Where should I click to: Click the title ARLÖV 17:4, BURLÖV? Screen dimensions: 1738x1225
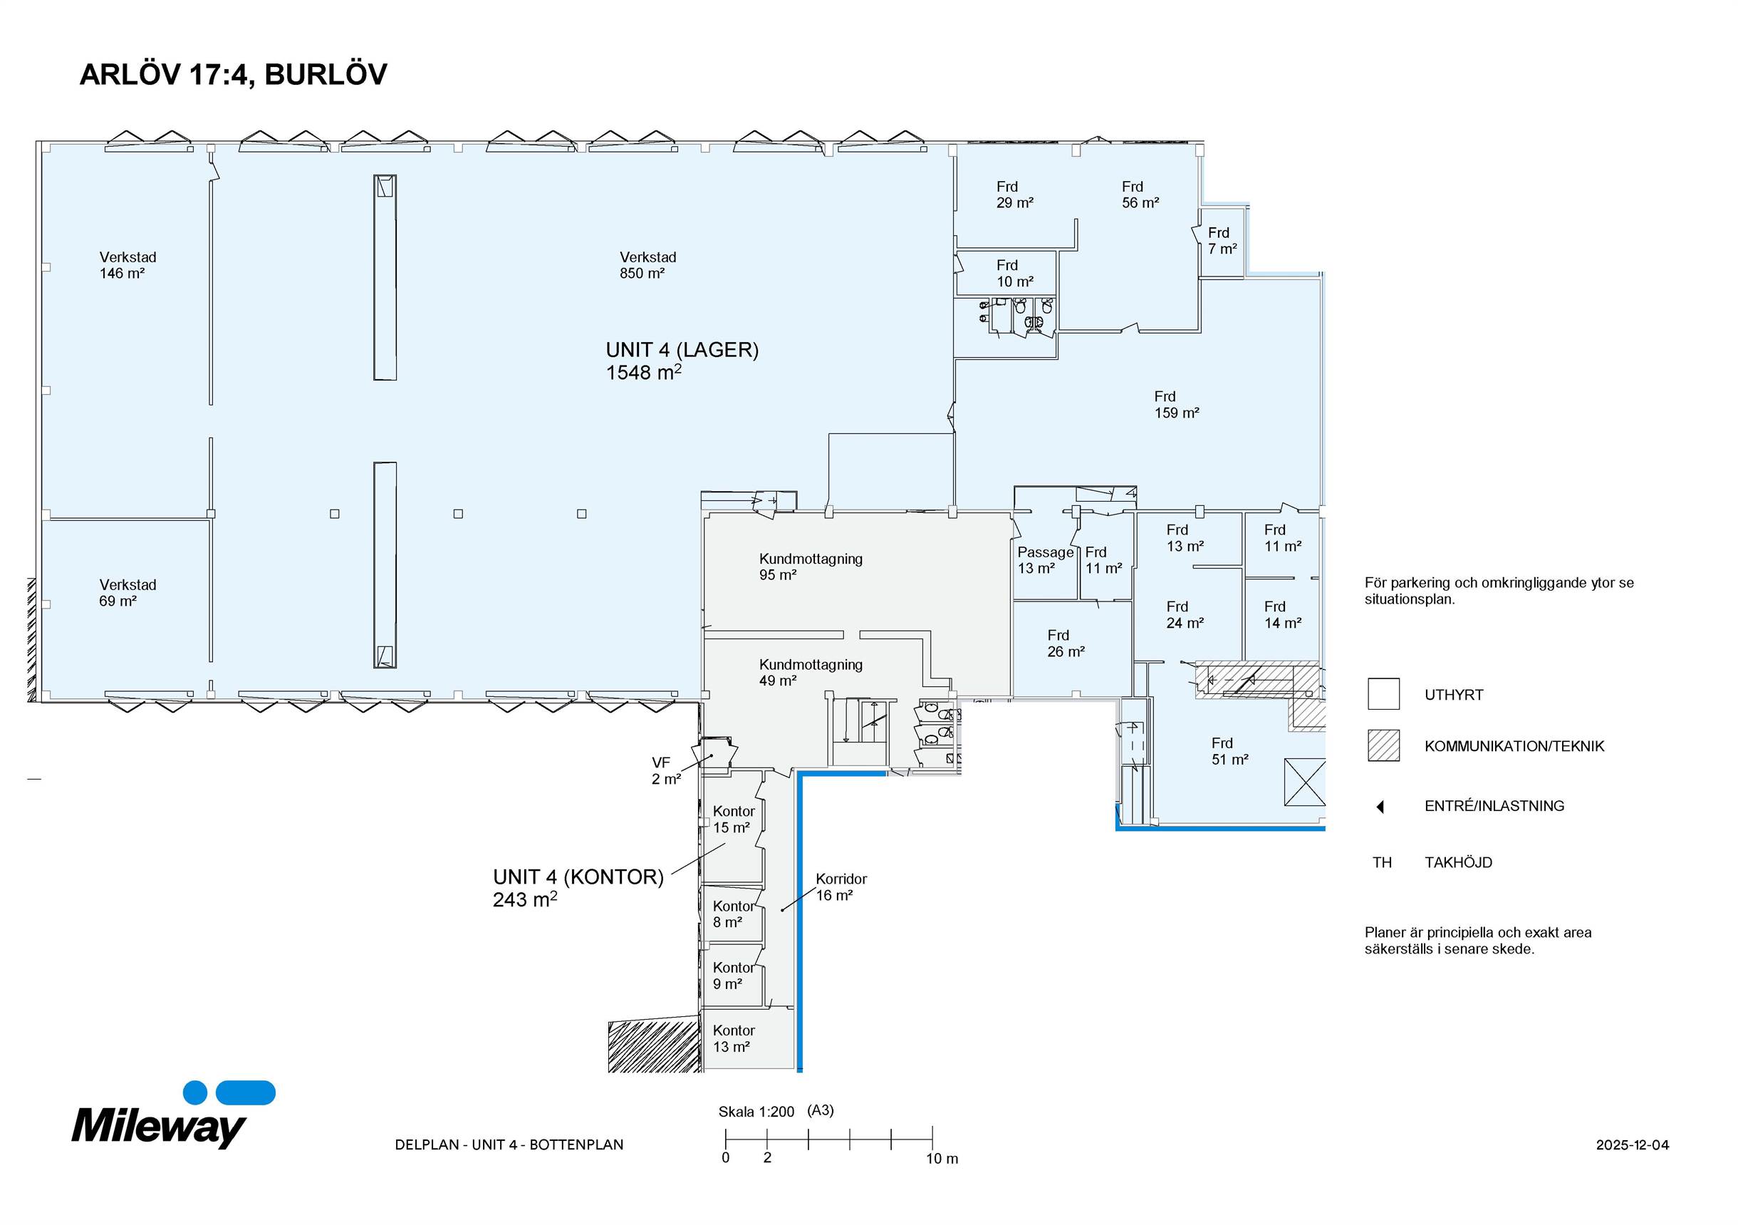(x=233, y=74)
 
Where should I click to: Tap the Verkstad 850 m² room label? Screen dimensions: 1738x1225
(x=647, y=265)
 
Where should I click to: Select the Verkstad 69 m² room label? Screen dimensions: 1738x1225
(x=128, y=593)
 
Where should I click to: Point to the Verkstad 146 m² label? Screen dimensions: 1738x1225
(x=128, y=265)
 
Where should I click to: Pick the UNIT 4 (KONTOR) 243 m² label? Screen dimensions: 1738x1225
(x=578, y=887)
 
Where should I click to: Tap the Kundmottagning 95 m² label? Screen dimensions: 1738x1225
(x=811, y=567)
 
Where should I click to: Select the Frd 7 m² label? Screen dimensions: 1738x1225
(x=1222, y=241)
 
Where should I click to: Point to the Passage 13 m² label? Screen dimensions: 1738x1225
(x=1045, y=559)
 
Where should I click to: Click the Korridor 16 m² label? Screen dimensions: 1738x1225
(x=841, y=887)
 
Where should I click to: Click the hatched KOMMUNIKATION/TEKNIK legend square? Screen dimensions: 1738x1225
(x=1383, y=745)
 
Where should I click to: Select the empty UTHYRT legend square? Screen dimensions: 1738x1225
(x=1383, y=693)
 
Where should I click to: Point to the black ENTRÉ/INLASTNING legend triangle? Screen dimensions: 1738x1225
(x=1380, y=806)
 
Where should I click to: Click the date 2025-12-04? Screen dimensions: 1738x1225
(x=1632, y=1144)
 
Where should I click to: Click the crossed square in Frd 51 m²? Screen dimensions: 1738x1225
(x=1304, y=782)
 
